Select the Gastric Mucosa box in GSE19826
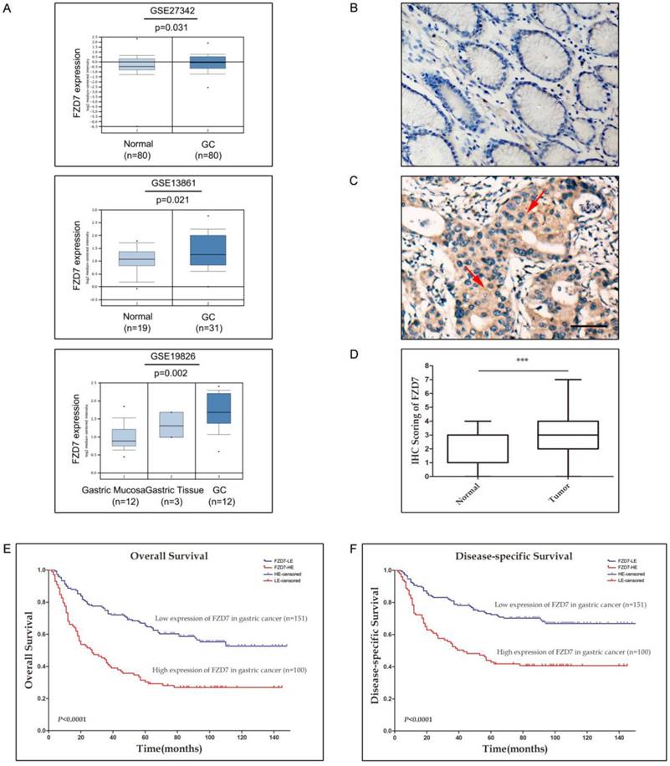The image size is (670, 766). pyautogui.click(x=124, y=437)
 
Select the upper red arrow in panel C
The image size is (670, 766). pyautogui.click(x=524, y=206)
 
